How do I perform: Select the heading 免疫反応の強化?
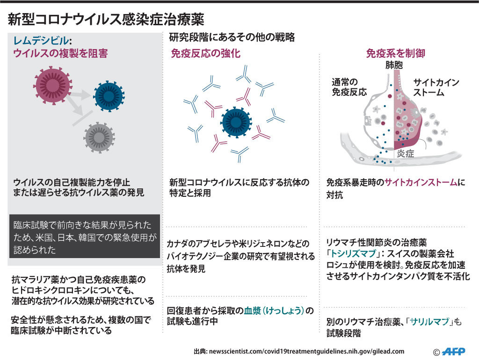click(x=205, y=54)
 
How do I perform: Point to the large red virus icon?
click(x=51, y=85)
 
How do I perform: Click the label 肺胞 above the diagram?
click(x=393, y=65)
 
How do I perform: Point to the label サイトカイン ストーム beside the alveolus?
click(x=435, y=87)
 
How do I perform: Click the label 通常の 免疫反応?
click(x=349, y=87)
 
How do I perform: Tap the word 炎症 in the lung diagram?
click(x=405, y=154)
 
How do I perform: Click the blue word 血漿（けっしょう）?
click(x=278, y=311)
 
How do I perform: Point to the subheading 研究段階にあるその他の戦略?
click(x=232, y=37)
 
